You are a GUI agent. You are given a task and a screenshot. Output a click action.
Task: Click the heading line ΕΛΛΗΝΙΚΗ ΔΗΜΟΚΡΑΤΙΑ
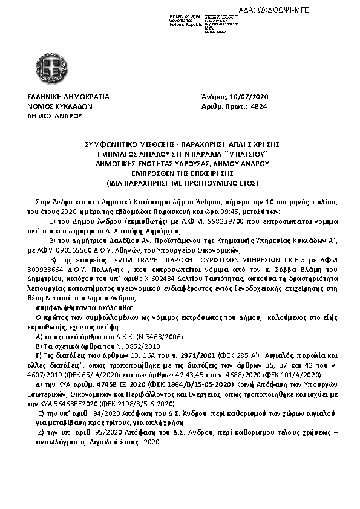(x=68, y=97)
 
